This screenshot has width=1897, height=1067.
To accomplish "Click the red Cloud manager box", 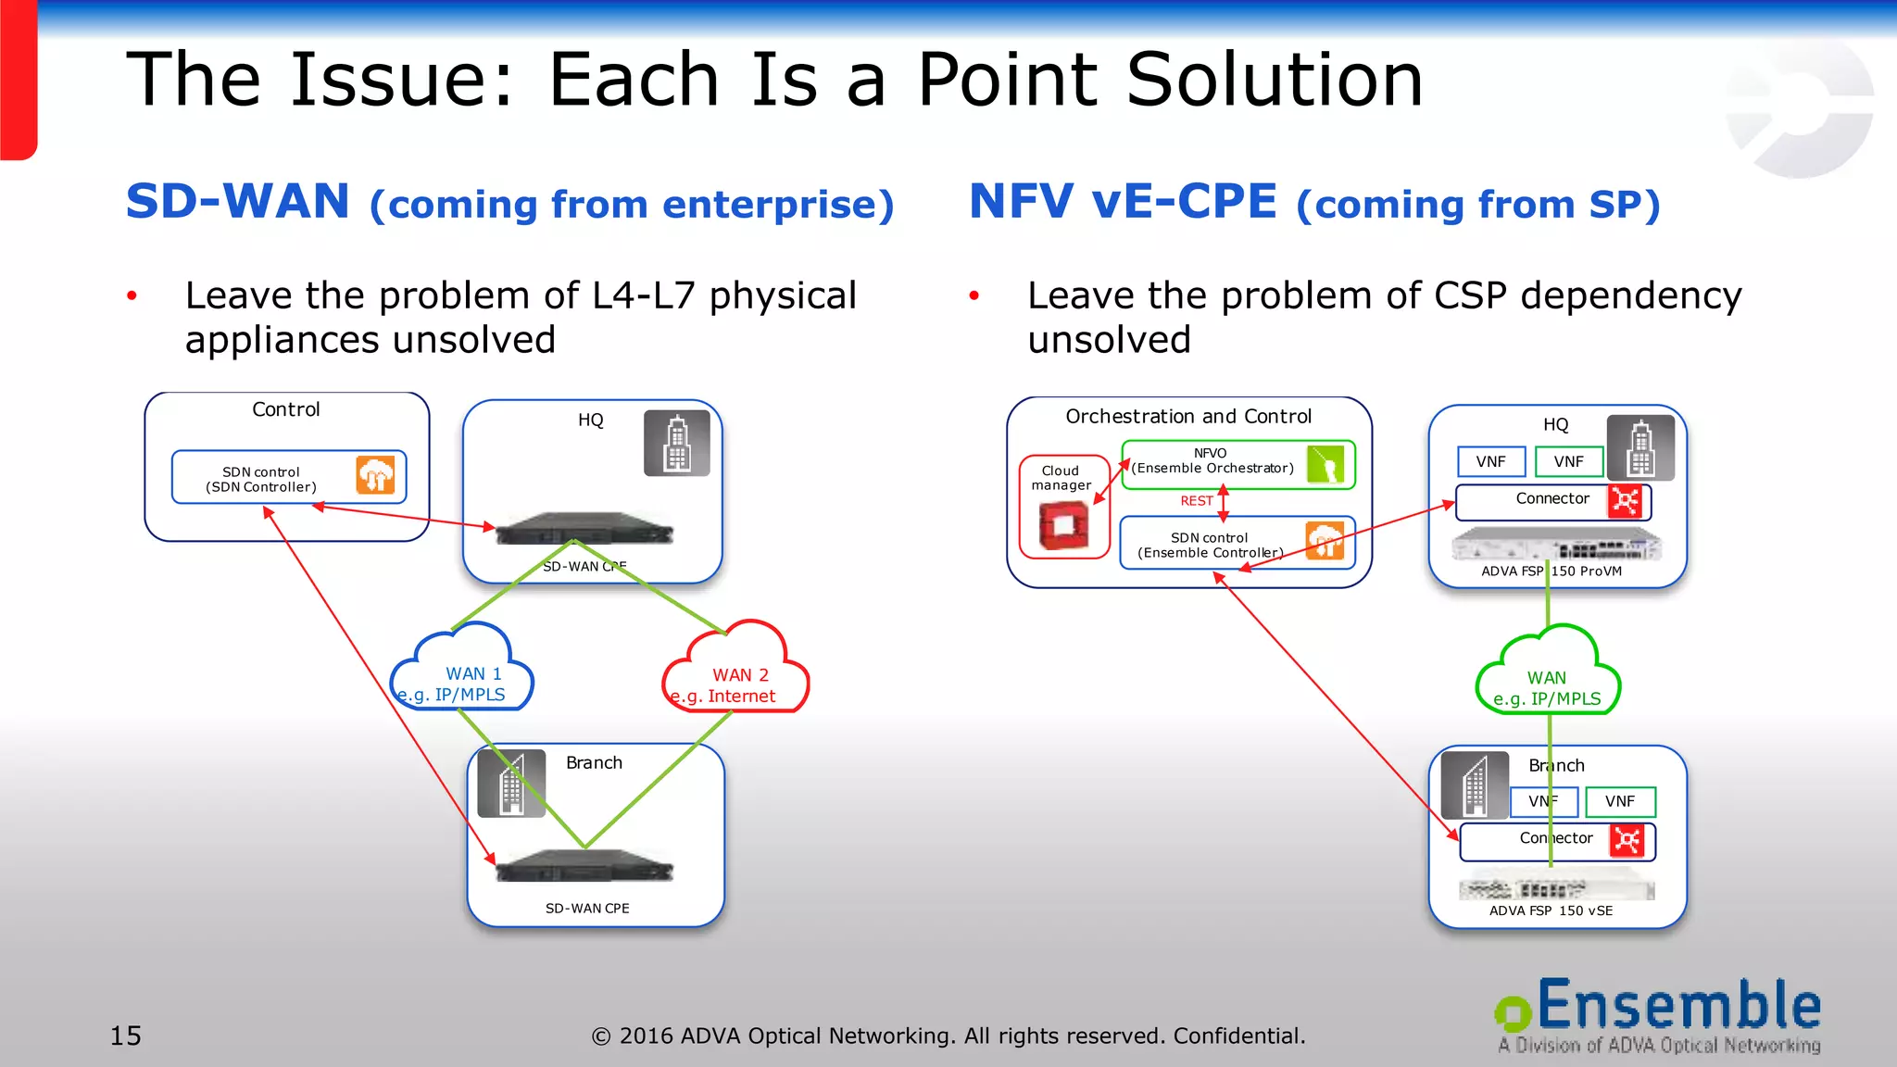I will coord(1063,507).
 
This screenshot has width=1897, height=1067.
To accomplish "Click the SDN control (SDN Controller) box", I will coord(288,478).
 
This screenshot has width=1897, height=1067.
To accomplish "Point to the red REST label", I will coord(1196,501).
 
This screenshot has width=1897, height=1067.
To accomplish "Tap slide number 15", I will coord(126,1036).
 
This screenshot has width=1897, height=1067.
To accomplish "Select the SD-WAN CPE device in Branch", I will coord(584,867).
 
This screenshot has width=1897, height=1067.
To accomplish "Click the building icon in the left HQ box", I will coord(677,444).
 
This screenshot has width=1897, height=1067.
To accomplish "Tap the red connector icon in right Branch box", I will coord(1627,841).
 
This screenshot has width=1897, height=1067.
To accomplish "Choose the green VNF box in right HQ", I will coord(1568,461).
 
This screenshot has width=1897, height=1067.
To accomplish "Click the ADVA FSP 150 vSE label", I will coord(1551,910).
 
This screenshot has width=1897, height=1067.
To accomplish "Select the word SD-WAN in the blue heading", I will coord(238,202).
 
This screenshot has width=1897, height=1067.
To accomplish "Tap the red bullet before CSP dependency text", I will coord(974,296).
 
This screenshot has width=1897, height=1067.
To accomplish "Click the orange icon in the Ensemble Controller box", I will coord(1325,540).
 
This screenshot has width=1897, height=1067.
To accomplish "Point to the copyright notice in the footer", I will coord(948,1036).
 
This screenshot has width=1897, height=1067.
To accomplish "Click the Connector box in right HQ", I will coord(1552,501).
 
